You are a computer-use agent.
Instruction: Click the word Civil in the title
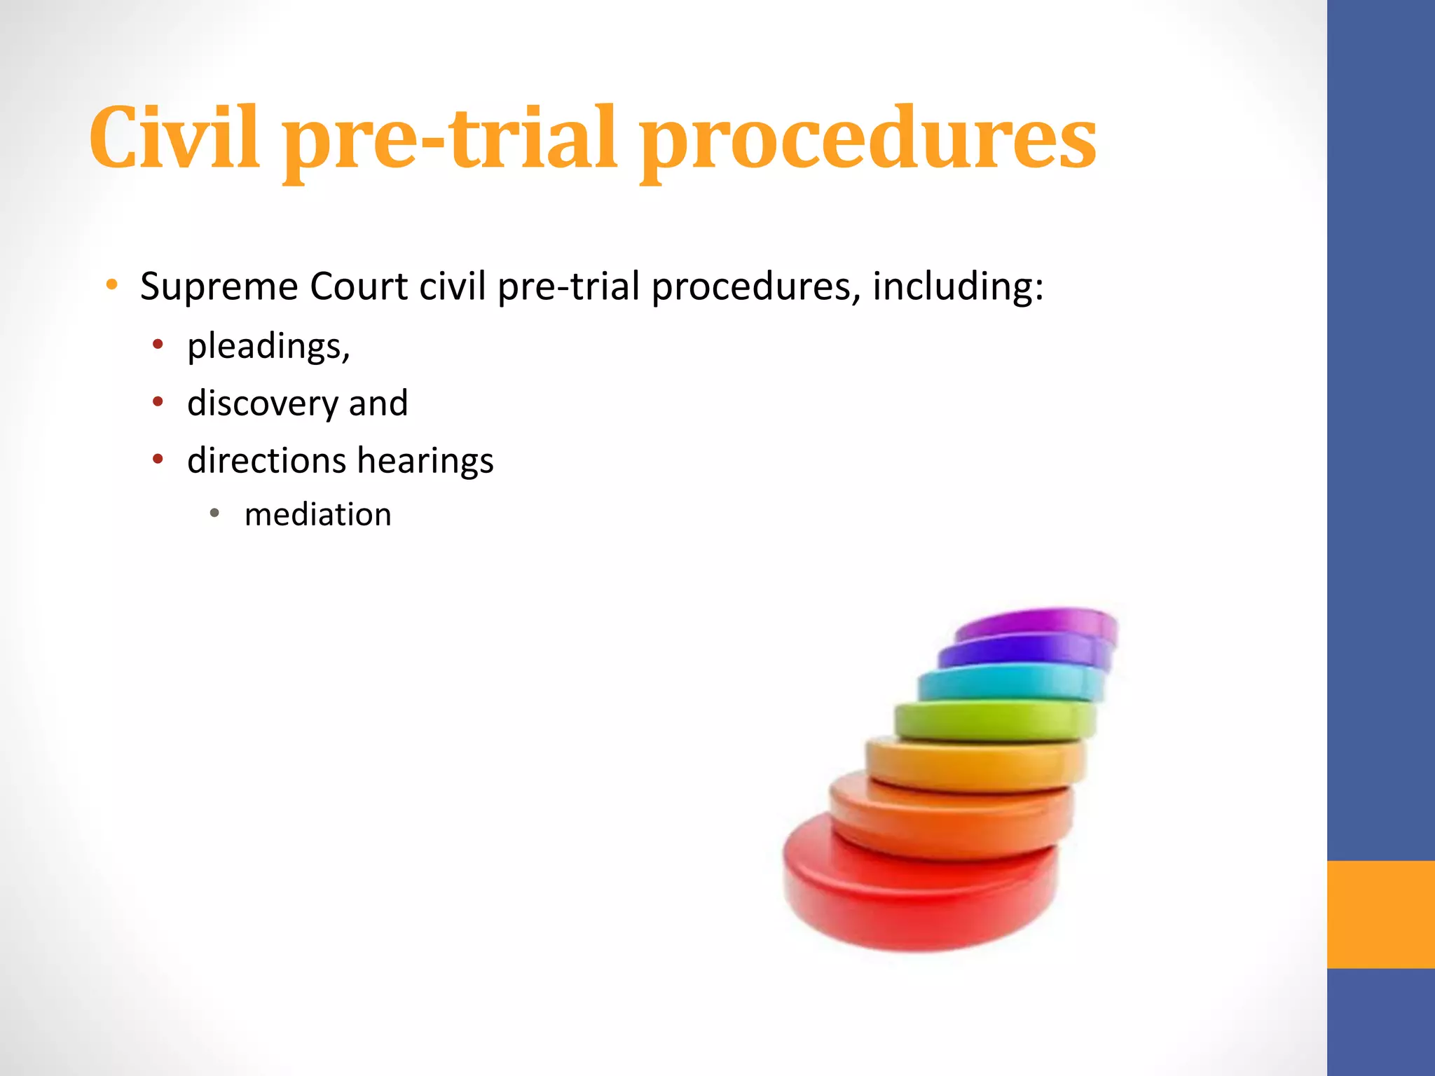click(174, 137)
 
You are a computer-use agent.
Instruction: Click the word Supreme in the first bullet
click(219, 287)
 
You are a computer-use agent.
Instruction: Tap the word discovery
click(263, 404)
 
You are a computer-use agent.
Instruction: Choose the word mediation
click(317, 515)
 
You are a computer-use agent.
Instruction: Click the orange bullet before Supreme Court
click(111, 285)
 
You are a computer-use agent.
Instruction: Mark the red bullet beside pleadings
click(158, 344)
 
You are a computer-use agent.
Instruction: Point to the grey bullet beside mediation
click(215, 513)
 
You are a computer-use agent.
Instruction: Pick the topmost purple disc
click(1037, 621)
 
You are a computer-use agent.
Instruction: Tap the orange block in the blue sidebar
click(1380, 914)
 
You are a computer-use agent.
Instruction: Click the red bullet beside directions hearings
click(158, 460)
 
